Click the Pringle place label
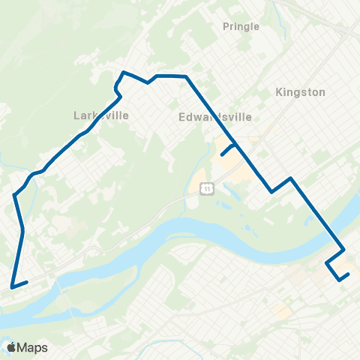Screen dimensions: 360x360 coord(241,26)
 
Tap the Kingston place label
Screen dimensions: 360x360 coord(300,92)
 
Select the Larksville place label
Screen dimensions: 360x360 coord(101,115)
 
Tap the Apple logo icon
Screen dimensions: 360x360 coord(12,347)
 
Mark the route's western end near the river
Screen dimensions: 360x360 coord(11,286)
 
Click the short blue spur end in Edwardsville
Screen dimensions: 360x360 coord(221,155)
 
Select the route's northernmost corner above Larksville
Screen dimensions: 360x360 coord(124,73)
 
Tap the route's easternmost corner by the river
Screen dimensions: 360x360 coord(344,250)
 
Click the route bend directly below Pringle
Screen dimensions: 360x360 coord(186,76)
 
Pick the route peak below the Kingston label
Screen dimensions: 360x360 coord(290,178)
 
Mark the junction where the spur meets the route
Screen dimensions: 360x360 coord(237,144)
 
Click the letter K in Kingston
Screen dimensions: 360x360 coord(279,92)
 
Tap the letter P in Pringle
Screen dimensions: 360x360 coord(226,26)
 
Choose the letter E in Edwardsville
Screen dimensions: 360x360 coord(183,117)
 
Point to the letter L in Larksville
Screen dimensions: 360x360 coord(76,115)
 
